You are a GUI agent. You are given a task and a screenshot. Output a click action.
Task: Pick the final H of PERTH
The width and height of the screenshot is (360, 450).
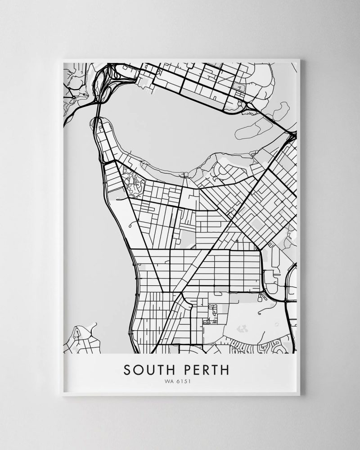coord(225,369)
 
